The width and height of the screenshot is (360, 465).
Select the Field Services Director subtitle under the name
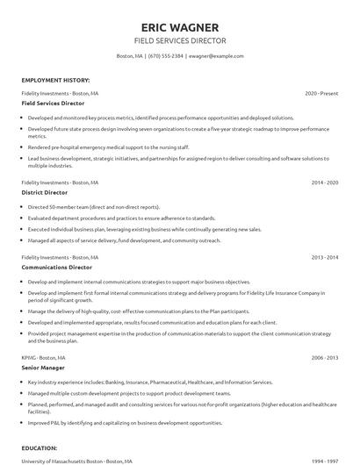pos(179,40)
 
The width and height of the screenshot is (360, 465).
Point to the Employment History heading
pos(54,80)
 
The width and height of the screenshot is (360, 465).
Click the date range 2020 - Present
pos(321,92)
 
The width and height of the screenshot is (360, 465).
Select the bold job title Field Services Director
pos(54,104)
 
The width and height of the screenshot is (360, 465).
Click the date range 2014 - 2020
pos(324,182)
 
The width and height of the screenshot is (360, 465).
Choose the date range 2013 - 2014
pos(324,257)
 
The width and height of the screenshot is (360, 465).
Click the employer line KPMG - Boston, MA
pos(45,358)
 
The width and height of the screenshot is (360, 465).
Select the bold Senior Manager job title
pos(44,369)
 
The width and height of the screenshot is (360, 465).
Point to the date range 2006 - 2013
pos(324,358)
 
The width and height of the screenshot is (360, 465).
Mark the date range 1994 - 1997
pos(324,461)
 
